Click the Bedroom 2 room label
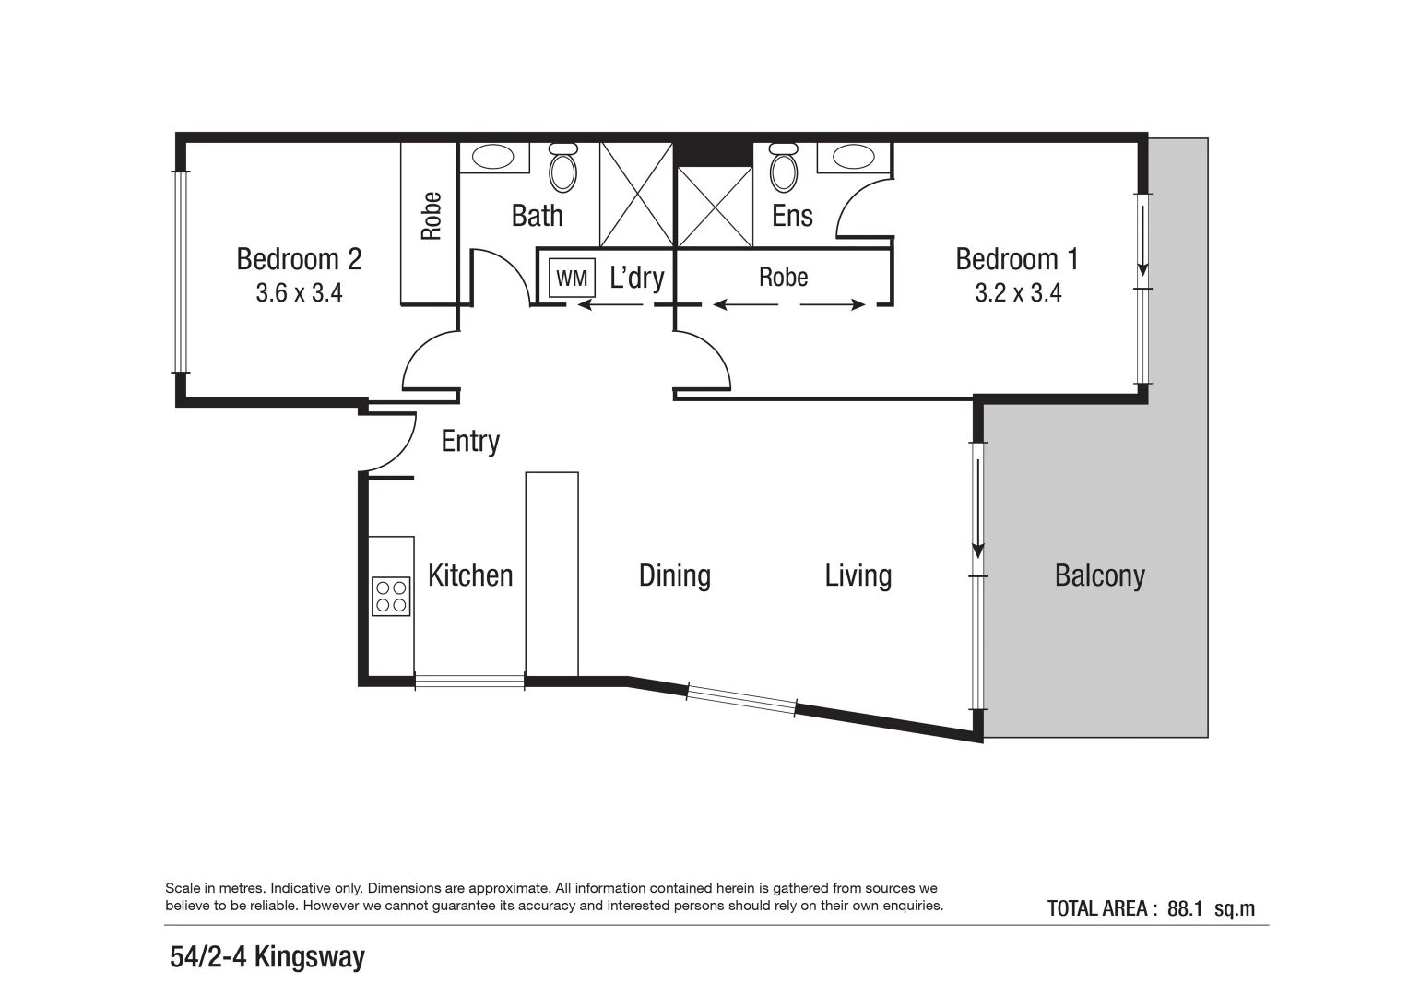pos(299,259)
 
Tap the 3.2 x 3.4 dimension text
pos(1018,293)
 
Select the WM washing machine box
pos(572,279)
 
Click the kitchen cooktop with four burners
pos(391,596)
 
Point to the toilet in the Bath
pos(562,168)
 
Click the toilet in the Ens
pos(784,168)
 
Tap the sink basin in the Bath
pos(493,157)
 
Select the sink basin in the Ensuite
pos(854,157)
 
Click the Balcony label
pos(1099,576)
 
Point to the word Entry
pos(470,441)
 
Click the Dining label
pos(674,576)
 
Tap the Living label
pos(858,576)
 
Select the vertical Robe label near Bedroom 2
pos(431,216)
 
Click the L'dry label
pos(637,277)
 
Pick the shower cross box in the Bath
pos(637,195)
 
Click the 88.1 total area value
pos(1185,908)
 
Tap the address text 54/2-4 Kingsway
pos(267,957)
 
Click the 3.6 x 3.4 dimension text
pos(299,293)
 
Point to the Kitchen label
pos(470,576)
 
